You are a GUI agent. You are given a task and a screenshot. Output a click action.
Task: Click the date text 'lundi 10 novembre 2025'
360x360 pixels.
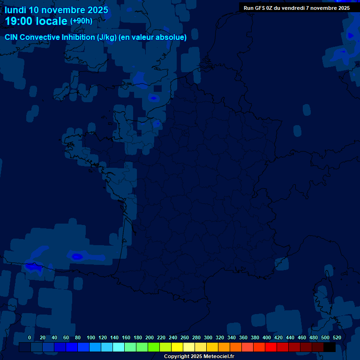(x=56, y=10)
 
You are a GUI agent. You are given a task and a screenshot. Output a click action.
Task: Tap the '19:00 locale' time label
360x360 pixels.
(x=37, y=21)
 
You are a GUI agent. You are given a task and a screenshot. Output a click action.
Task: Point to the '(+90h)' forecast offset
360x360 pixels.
(x=81, y=21)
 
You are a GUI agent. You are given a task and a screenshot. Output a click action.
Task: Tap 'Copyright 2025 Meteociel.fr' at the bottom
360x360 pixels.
(x=199, y=356)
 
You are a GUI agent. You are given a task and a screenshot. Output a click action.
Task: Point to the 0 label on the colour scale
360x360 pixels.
(x=30, y=337)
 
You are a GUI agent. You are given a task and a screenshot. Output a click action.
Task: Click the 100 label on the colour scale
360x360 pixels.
(x=91, y=337)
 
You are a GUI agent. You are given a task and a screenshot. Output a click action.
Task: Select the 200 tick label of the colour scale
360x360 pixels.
(x=150, y=337)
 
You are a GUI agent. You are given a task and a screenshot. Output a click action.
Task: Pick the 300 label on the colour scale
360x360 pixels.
(x=208, y=337)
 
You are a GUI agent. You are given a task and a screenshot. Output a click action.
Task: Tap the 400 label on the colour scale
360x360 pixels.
(x=267, y=337)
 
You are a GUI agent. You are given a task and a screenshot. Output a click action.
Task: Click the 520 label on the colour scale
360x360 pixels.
(x=337, y=337)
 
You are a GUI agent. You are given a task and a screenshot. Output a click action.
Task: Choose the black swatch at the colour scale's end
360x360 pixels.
(x=330, y=347)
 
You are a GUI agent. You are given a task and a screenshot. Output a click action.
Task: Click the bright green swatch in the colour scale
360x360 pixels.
(x=154, y=347)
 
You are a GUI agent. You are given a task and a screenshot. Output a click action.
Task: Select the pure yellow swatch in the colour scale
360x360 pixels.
(x=177, y=347)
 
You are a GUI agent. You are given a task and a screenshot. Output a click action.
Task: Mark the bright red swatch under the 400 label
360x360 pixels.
(x=271, y=347)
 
